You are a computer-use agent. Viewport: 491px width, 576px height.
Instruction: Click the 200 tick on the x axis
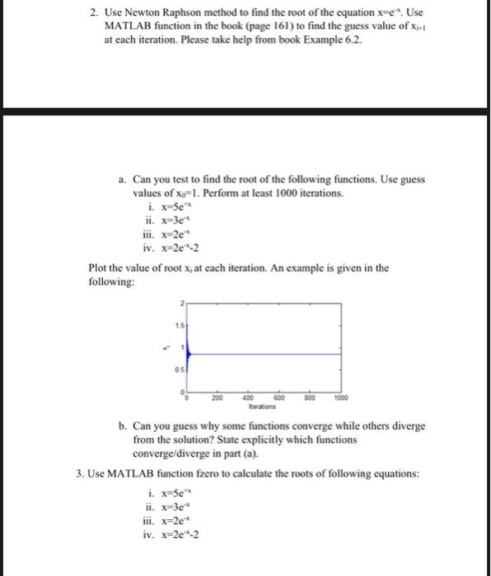[x=216, y=397]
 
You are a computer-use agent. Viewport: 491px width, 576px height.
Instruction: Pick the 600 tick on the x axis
[x=277, y=397]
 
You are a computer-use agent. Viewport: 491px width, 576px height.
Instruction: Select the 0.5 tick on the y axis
[x=176, y=370]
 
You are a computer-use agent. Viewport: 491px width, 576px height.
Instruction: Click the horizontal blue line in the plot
[x=264, y=354]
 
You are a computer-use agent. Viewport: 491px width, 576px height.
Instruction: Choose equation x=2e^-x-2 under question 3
[x=174, y=532]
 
